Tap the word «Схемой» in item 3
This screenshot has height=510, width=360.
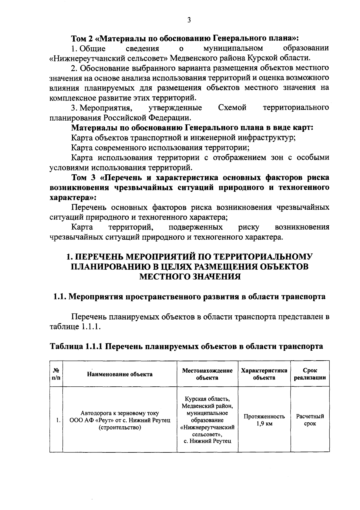coord(232,107)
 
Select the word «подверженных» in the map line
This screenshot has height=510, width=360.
coord(196,227)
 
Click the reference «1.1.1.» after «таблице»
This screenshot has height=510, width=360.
coord(90,326)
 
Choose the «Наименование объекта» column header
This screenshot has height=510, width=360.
coord(120,374)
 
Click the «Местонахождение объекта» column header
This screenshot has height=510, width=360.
coord(207,374)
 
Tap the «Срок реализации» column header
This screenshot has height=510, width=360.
coord(310,374)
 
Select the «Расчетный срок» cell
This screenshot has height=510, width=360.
coord(310,420)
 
